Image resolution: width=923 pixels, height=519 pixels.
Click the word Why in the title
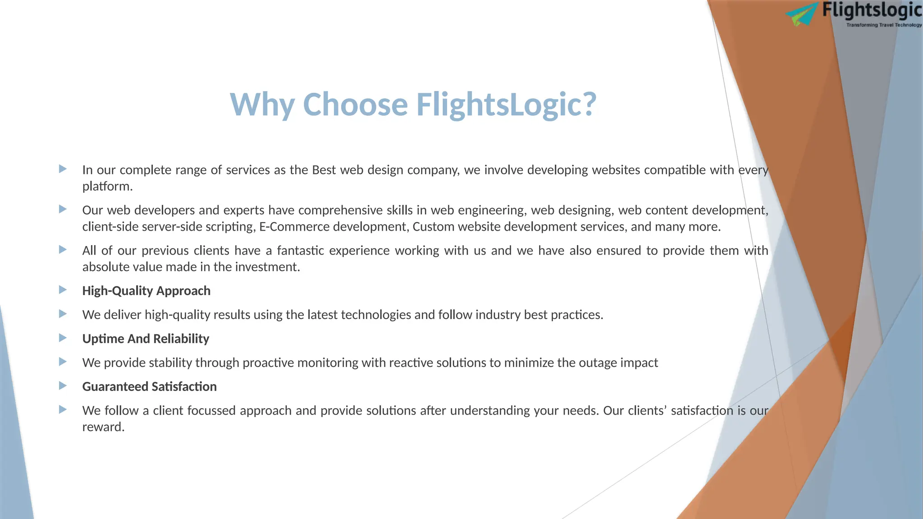point(262,105)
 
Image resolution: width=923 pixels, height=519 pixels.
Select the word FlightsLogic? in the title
point(506,105)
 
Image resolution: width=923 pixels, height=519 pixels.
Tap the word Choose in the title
point(356,105)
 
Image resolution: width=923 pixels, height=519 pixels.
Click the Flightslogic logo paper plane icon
point(802,14)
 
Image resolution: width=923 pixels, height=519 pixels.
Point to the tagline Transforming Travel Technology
point(884,25)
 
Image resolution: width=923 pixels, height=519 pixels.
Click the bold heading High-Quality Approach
point(146,291)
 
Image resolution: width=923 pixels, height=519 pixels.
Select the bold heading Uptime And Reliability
point(146,339)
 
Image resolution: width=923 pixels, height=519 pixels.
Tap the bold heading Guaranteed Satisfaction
point(149,387)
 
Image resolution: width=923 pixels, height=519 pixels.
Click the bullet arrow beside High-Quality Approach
point(63,290)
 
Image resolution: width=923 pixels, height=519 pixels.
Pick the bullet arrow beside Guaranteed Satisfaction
point(63,386)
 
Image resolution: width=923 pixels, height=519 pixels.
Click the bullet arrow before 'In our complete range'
point(63,169)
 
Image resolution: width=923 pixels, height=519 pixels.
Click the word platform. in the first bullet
point(107,187)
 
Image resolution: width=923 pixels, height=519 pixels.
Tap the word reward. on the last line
point(103,427)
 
